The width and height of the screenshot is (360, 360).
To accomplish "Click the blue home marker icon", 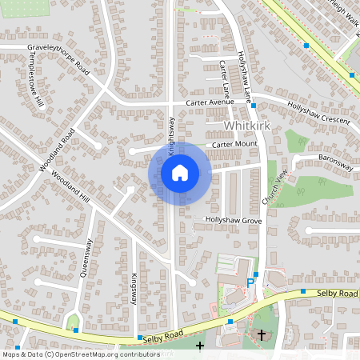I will [180, 173].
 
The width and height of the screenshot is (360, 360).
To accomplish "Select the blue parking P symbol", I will [250, 283].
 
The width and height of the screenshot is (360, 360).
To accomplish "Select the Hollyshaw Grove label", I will [234, 219].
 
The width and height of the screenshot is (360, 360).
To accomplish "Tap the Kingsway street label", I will [134, 289].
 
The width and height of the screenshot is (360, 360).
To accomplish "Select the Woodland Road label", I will [57, 150].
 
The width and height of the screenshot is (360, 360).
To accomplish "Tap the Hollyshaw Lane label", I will [244, 79].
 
